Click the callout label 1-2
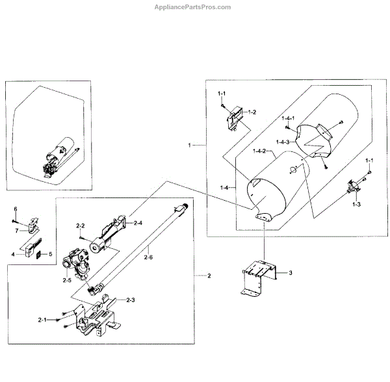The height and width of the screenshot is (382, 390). [252, 112]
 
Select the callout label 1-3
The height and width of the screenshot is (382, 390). [356, 204]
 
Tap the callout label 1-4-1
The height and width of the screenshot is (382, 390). [289, 119]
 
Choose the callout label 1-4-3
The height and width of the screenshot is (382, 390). [284, 142]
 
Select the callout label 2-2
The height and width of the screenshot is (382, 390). [81, 225]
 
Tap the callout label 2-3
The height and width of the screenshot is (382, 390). [130, 299]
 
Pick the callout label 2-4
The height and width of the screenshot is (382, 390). [138, 223]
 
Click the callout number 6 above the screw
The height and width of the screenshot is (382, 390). [15, 209]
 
